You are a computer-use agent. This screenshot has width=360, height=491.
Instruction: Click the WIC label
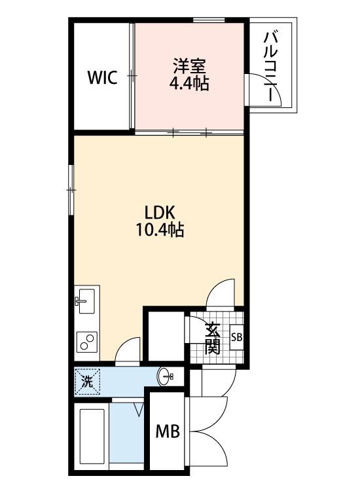coord(103,77)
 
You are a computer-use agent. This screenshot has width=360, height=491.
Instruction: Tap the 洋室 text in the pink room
coord(189,66)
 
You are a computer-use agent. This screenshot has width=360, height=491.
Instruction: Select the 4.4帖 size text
coord(189,83)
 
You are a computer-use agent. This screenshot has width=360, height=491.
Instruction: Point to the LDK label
coord(159,213)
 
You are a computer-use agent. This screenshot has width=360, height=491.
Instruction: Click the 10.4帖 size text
coord(159,230)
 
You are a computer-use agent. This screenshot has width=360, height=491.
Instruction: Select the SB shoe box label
coord(236,338)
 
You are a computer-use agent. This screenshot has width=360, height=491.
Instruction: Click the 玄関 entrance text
coord(212,338)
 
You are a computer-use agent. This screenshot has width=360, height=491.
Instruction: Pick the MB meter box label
coord(168,431)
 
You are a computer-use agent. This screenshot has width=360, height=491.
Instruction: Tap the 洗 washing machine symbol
coord(87,382)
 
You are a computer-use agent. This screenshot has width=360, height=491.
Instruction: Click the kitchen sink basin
coord(86,301)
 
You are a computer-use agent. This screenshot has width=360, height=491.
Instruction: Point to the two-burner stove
coord(86,341)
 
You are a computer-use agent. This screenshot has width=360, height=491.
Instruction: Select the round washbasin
coord(166,376)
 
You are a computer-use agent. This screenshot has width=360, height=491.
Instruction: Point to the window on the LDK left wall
coord(71,190)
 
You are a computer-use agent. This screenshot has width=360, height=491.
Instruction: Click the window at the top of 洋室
coord(209,20)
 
